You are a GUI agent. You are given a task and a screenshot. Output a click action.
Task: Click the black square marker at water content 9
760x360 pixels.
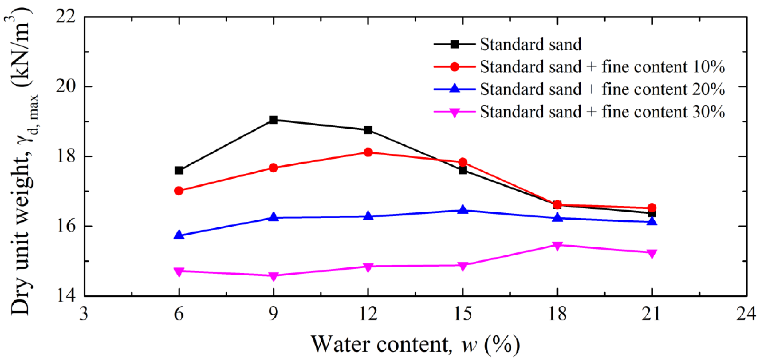273,120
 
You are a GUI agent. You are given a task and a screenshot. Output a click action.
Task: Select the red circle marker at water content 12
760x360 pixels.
368,152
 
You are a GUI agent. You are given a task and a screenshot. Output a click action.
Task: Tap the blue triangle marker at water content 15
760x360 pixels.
463,210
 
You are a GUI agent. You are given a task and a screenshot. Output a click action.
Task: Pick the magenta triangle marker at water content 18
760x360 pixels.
557,246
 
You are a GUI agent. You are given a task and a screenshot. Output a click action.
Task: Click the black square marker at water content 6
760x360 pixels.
179,170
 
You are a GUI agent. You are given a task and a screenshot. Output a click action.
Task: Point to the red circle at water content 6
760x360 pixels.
179,191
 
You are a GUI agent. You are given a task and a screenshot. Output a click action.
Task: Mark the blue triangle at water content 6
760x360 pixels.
179,235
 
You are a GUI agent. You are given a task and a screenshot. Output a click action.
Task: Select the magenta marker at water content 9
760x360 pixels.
273,276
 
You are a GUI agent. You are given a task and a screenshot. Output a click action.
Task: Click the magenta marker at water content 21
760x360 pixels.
652,253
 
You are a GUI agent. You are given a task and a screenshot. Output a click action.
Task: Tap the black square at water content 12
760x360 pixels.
368,130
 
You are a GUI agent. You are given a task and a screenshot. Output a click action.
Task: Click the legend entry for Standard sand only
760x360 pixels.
530,44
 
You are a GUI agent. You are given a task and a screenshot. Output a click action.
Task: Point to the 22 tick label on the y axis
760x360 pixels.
65,17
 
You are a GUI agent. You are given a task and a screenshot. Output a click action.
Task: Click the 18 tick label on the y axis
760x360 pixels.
65,156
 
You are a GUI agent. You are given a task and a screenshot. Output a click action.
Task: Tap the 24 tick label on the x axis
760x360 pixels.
746,314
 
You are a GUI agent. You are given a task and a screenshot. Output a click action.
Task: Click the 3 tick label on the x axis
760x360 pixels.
84,314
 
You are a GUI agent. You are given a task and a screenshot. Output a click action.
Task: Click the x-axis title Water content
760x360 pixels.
415,344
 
